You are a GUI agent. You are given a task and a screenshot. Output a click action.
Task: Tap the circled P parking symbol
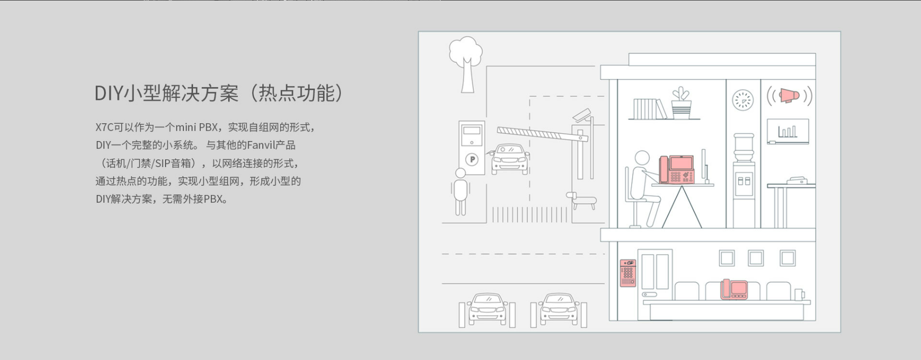[x=472, y=159]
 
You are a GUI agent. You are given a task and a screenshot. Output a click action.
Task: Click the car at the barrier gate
[x=509, y=159]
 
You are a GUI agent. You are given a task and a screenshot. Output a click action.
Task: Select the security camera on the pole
[x=582, y=115]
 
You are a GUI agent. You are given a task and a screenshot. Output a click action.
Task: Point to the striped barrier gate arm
[x=543, y=133]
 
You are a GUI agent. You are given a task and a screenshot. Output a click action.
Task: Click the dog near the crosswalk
[x=581, y=200]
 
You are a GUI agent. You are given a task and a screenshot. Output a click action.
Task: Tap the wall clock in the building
[x=743, y=100]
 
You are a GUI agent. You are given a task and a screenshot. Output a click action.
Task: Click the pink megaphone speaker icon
[x=790, y=95]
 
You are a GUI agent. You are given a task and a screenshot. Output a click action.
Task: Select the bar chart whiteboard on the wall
[x=788, y=131]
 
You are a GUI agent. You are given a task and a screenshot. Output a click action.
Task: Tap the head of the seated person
[x=642, y=158]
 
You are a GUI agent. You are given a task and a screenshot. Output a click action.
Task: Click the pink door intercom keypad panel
[x=628, y=273]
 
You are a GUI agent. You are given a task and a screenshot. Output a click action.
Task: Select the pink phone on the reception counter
[x=734, y=289]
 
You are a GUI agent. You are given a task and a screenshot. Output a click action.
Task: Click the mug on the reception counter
[x=799, y=294]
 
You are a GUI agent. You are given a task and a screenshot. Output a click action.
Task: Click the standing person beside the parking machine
[x=460, y=192]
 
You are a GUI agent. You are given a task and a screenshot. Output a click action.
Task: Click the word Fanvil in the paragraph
[x=261, y=145]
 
